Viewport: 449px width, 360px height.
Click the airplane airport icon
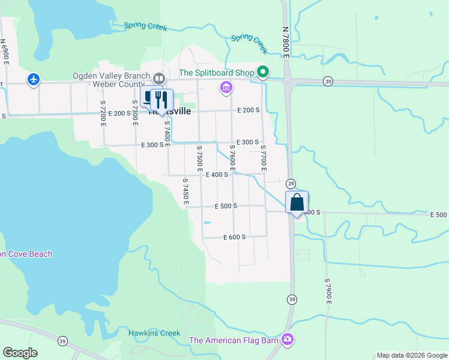34,79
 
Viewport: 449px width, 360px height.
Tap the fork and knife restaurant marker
160,99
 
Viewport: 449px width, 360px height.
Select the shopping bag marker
297,202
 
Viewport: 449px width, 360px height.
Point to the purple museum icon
226,88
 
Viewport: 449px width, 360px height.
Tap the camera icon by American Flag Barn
288,340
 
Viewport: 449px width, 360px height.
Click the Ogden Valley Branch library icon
158,78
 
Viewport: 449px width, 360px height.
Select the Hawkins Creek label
154,333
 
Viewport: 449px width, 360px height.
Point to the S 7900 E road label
328,290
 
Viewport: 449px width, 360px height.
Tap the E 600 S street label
234,237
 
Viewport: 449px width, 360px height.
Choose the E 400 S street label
217,175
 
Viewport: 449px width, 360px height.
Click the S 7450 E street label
185,191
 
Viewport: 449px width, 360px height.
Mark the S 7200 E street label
103,113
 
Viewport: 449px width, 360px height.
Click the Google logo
20,353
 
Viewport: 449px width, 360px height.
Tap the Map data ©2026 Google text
412,355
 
